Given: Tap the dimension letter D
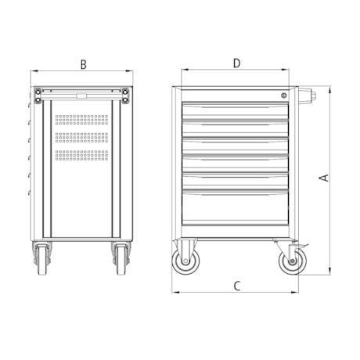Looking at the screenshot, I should tap(236, 62).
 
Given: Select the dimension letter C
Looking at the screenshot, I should tap(236, 286).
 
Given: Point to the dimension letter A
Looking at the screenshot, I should tap(322, 178).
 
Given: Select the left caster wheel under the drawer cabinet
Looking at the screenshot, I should tap(186, 260).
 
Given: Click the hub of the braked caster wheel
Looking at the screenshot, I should tap(290, 261).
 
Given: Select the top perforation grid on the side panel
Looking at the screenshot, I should tap(81, 121).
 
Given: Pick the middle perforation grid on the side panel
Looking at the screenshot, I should tap(81, 136).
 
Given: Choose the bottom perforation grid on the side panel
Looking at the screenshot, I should tap(81, 153).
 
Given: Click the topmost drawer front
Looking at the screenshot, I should tap(236, 111).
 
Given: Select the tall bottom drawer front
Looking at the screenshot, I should tap(236, 207).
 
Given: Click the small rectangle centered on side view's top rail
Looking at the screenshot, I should tap(81, 97).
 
